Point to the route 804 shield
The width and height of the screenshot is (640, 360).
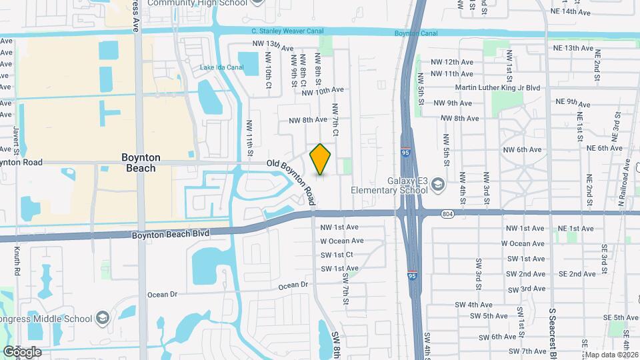coord(447,213)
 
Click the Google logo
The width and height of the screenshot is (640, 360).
coord(23,351)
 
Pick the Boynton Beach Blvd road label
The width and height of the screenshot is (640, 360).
coord(170,234)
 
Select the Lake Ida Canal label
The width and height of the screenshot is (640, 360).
coord(222,67)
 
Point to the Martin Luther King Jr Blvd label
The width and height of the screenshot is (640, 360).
coord(506,87)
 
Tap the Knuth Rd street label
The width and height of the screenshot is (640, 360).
coord(17,261)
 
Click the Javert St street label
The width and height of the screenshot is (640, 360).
coord(17,137)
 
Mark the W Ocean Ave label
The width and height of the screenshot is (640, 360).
coord(341,241)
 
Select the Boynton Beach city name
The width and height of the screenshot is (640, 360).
coord(140,163)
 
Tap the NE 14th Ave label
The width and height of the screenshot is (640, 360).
coord(570,12)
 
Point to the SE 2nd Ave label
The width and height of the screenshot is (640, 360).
coord(577,273)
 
